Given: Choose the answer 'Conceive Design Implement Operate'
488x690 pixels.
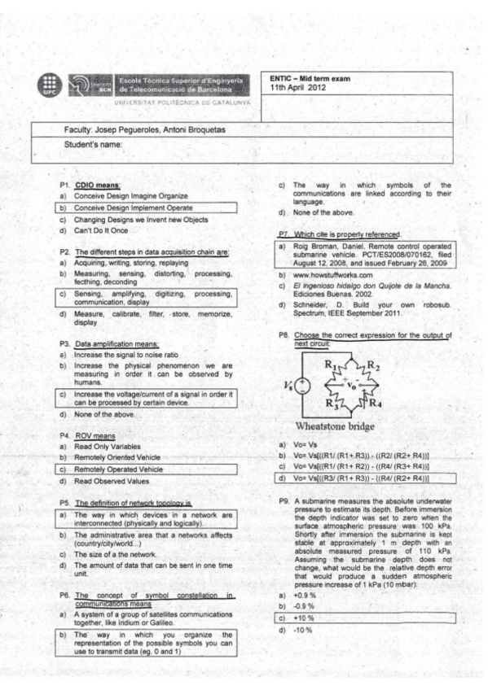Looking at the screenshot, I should [130, 207].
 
